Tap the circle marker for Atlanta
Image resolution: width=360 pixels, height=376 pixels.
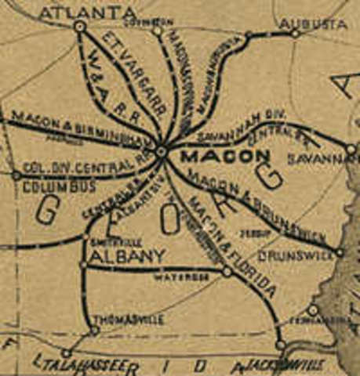[x=79, y=27]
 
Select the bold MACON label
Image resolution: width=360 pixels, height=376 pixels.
[x=215, y=156]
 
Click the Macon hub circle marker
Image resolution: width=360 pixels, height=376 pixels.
[x=161, y=150]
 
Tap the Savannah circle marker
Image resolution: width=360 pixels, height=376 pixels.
[x=351, y=148]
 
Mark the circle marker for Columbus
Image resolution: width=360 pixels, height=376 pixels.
[x=16, y=175]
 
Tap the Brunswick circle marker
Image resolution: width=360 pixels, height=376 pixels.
[x=340, y=252]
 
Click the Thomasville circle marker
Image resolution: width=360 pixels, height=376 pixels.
[x=95, y=331]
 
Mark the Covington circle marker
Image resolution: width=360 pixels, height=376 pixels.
[x=157, y=31]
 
